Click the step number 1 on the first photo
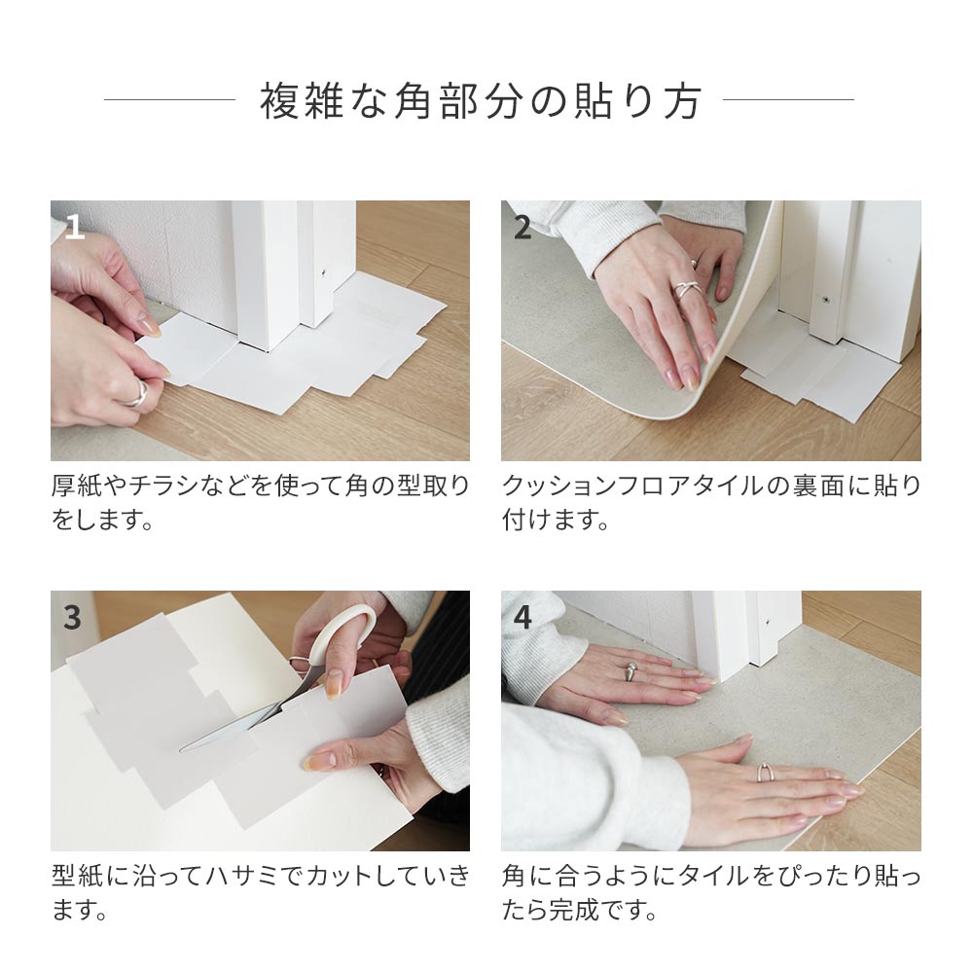[x=75, y=229]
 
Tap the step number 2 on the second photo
[x=523, y=229]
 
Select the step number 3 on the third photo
[x=73, y=618]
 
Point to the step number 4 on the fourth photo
[x=523, y=618]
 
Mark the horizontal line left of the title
[x=169, y=99]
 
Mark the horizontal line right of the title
[x=788, y=99]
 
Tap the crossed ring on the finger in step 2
[x=687, y=289]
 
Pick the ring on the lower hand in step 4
[x=765, y=774]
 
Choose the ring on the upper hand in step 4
[x=631, y=669]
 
